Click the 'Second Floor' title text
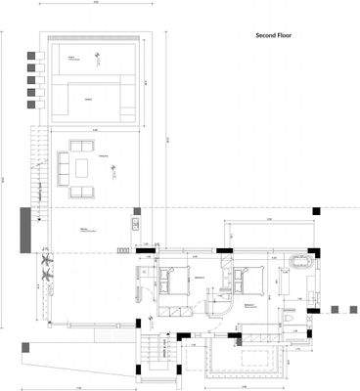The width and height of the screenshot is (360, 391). click(x=273, y=35)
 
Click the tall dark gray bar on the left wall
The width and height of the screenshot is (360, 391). click(x=23, y=230)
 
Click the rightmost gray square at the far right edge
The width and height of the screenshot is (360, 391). click(x=349, y=309)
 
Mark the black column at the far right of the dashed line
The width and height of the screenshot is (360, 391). click(x=316, y=210)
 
